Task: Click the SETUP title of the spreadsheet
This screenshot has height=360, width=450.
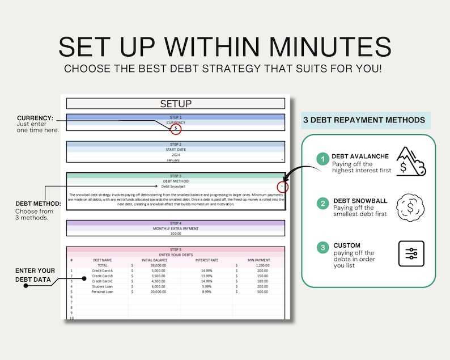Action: click(176, 104)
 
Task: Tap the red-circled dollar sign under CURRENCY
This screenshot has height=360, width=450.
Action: click(176, 129)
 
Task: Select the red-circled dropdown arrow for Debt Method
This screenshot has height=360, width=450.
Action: click(282, 186)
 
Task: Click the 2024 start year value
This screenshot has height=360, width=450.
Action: click(176, 155)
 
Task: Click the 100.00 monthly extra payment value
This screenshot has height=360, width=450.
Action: click(176, 233)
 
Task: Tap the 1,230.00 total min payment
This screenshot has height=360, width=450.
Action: click(262, 265)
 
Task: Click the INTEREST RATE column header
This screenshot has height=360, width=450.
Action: click(206, 260)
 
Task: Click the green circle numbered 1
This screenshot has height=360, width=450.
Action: click(322, 160)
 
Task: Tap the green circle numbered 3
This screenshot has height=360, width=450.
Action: click(322, 247)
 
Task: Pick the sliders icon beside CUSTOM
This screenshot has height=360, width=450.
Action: click(411, 253)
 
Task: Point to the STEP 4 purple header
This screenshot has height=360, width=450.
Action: click(176, 223)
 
